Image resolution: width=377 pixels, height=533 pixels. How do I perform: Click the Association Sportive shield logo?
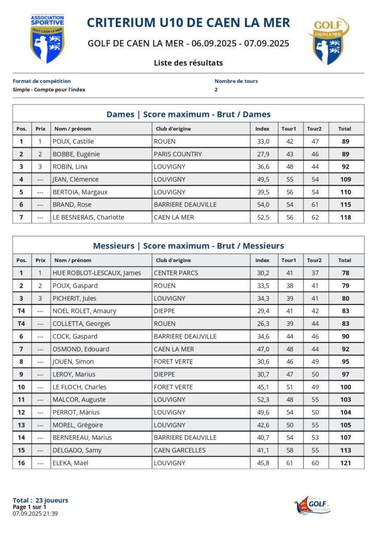[x=47, y=39]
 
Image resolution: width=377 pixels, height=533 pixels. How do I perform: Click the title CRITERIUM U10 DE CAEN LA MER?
[x=188, y=23]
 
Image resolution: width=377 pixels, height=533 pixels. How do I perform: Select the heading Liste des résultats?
[x=188, y=63]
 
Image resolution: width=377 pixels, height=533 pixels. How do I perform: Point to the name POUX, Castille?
[x=73, y=142]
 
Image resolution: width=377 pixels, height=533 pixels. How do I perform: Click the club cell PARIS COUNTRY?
[x=178, y=154]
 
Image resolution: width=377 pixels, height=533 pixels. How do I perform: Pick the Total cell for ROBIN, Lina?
[x=344, y=167]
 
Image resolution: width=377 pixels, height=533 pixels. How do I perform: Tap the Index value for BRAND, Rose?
[x=262, y=205]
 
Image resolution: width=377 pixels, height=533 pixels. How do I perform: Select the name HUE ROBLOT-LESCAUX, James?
[x=97, y=273]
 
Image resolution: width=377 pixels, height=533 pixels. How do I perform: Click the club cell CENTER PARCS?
[x=176, y=273]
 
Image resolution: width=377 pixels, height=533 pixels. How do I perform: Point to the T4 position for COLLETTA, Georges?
[x=21, y=324]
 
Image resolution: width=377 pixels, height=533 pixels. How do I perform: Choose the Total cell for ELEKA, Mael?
[x=344, y=463]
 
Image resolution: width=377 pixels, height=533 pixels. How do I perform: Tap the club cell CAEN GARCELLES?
[x=180, y=450]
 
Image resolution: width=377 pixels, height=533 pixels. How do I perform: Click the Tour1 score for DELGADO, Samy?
[x=290, y=450]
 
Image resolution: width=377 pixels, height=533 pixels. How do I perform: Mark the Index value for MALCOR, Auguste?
[x=262, y=400]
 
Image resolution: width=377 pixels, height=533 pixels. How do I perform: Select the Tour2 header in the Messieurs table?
[x=314, y=260]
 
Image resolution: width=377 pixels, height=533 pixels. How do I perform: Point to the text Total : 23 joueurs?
[x=41, y=501]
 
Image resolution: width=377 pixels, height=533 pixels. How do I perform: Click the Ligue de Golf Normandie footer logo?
[x=312, y=505]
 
